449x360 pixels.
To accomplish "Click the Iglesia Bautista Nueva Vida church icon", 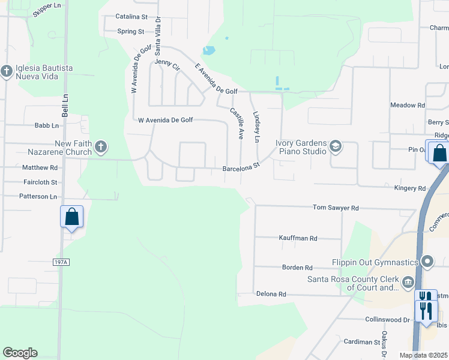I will (x=7, y=72).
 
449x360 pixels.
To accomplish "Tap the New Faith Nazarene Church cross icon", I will (x=101, y=146).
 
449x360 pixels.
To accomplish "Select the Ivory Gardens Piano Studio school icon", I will (x=335, y=146).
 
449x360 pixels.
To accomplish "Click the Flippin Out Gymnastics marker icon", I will (x=427, y=262).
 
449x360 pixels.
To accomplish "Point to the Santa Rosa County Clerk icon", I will (x=408, y=282).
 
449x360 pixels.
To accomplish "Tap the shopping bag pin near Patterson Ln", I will (x=71, y=216).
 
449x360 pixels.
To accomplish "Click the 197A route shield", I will (x=61, y=262).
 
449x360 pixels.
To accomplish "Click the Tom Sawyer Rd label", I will (x=336, y=208).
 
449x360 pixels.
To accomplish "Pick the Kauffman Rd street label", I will (x=298, y=238).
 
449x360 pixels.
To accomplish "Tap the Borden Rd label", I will (x=298, y=267).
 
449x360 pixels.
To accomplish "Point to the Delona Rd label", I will (x=271, y=295).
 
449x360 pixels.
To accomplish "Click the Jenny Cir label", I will (x=167, y=62).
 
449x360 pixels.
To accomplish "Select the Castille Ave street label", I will (x=237, y=122).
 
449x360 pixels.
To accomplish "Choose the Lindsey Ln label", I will (x=256, y=127).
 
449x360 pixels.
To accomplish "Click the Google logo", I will (x=20, y=353).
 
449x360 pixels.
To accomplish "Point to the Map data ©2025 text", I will (x=423, y=355).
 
